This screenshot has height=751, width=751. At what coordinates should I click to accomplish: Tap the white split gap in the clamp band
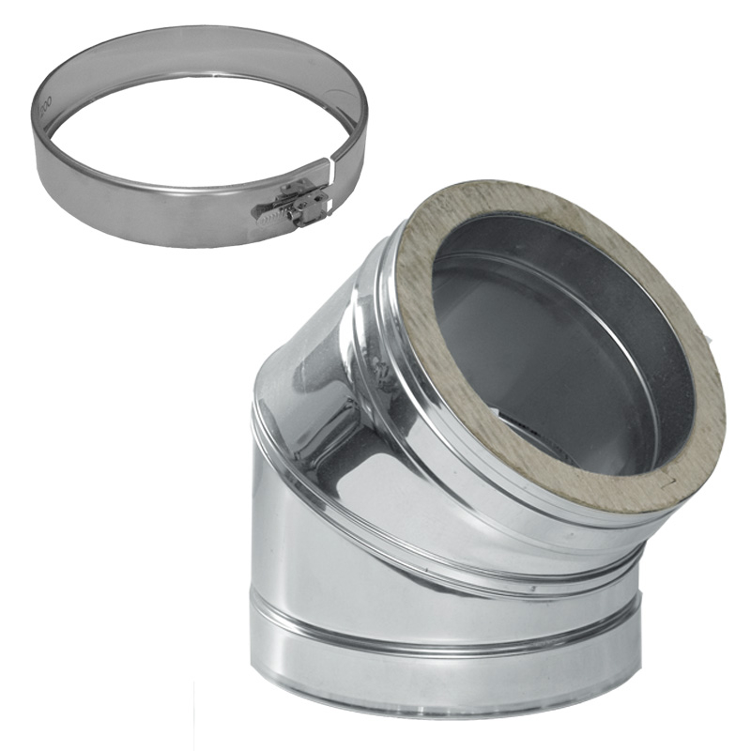pos(331,175)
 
